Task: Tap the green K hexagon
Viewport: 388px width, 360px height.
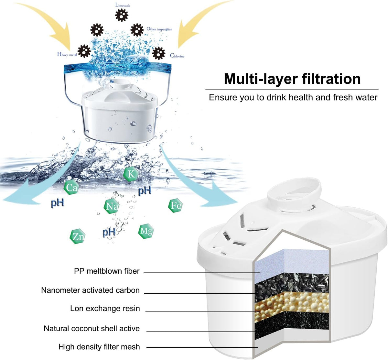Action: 131,174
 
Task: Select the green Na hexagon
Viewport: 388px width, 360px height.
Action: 111,206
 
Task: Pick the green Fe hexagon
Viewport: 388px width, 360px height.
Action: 176,205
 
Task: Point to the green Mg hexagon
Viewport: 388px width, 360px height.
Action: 145,231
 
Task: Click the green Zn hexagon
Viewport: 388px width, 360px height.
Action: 78,236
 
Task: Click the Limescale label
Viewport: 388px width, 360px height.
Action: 123,5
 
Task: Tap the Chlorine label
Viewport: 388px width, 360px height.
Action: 177,56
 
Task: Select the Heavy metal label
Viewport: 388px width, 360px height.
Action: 67,54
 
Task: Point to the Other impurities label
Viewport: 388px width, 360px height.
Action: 159,29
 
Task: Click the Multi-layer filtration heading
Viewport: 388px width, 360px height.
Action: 292,79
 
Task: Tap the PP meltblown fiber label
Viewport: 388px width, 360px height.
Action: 107,271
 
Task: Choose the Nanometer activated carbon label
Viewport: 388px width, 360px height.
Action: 90,290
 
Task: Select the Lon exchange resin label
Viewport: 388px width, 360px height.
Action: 105,309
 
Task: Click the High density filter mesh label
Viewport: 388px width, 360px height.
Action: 99,347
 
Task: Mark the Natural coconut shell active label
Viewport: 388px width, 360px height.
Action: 92,329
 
